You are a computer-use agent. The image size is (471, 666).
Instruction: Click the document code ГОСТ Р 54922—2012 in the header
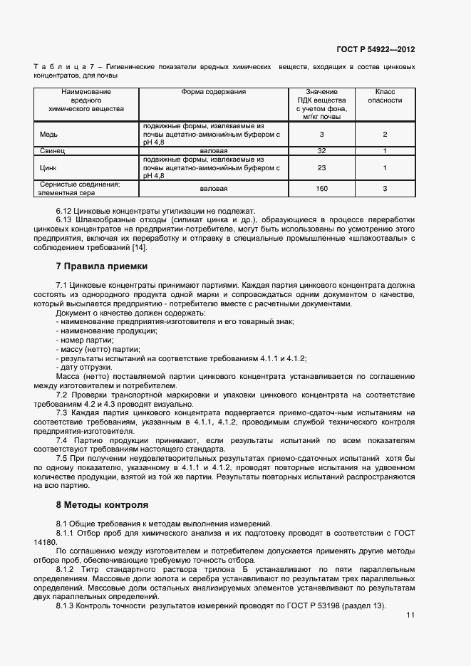tap(376, 50)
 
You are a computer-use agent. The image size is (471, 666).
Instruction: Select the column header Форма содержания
tap(214, 92)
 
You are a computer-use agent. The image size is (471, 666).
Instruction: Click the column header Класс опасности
tap(385, 96)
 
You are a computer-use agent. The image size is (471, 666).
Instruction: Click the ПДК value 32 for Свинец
tap(321, 151)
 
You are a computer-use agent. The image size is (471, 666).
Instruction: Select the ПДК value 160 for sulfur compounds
tap(321, 188)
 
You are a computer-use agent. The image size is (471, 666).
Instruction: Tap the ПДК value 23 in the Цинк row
tap(321, 167)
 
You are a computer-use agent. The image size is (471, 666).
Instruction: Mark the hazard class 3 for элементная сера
tap(385, 188)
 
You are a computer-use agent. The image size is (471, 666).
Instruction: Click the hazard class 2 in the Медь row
tap(385, 134)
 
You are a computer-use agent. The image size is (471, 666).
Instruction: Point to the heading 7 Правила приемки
tap(102, 266)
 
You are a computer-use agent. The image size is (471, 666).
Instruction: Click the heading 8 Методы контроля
tap(102, 505)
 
